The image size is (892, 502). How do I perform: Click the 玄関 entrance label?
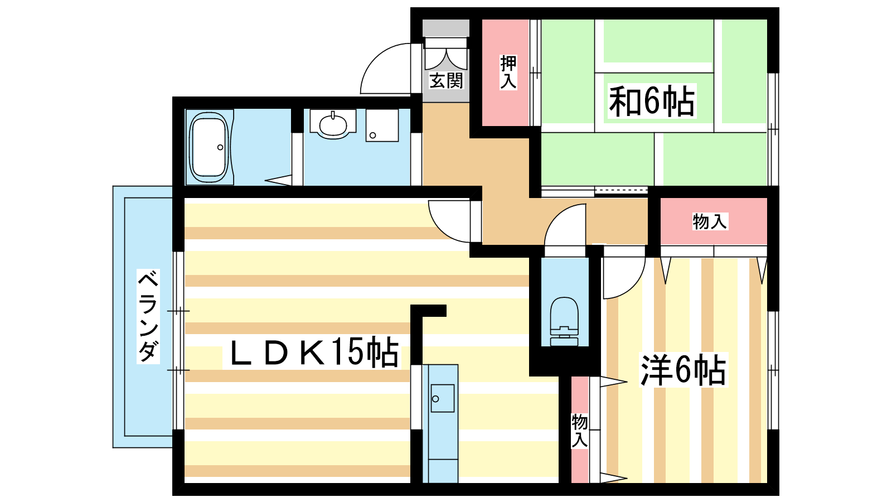[447, 80]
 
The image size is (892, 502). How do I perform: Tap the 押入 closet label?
[508, 72]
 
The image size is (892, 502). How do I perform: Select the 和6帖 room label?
[652, 101]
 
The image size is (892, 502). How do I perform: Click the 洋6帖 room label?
[683, 370]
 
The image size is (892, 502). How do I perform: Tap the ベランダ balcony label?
[148, 316]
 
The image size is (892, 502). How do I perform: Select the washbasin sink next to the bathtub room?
[333, 124]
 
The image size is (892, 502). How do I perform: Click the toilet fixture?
[564, 321]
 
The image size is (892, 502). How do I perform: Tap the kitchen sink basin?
[442, 398]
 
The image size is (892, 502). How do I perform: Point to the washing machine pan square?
[382, 125]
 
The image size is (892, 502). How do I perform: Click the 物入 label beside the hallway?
[710, 221]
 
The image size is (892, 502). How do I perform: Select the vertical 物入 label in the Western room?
[580, 431]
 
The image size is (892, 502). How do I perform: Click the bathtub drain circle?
[220, 147]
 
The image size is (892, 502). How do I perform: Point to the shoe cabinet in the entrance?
[446, 28]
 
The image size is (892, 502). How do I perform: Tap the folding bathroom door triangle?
[278, 180]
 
